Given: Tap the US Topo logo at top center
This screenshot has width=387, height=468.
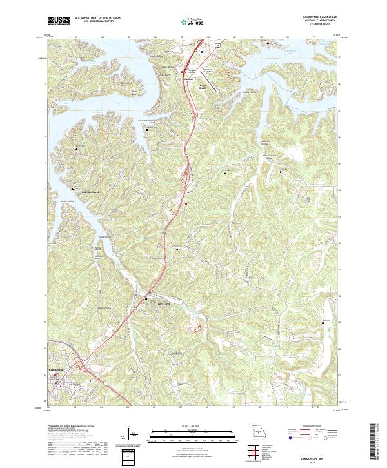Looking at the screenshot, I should point(193,21).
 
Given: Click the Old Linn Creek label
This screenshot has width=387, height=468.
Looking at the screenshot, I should point(90,192).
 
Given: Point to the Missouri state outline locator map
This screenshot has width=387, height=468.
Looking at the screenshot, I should point(257,431).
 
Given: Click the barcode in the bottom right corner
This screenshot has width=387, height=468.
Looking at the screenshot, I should point(375,442).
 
